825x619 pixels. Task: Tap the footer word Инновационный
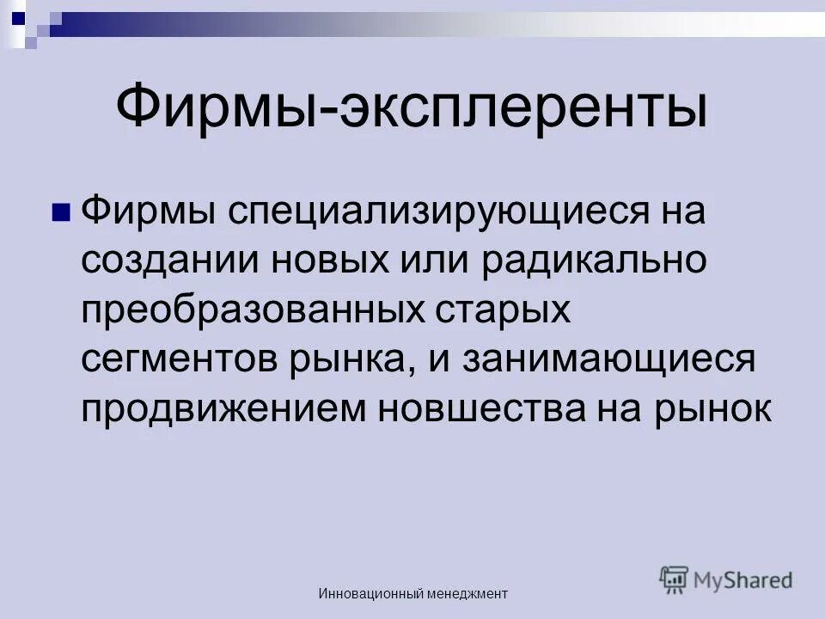click(x=372, y=593)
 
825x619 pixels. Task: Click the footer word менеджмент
click(x=468, y=593)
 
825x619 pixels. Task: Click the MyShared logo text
click(x=744, y=579)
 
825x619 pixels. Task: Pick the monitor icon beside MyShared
click(x=674, y=580)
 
